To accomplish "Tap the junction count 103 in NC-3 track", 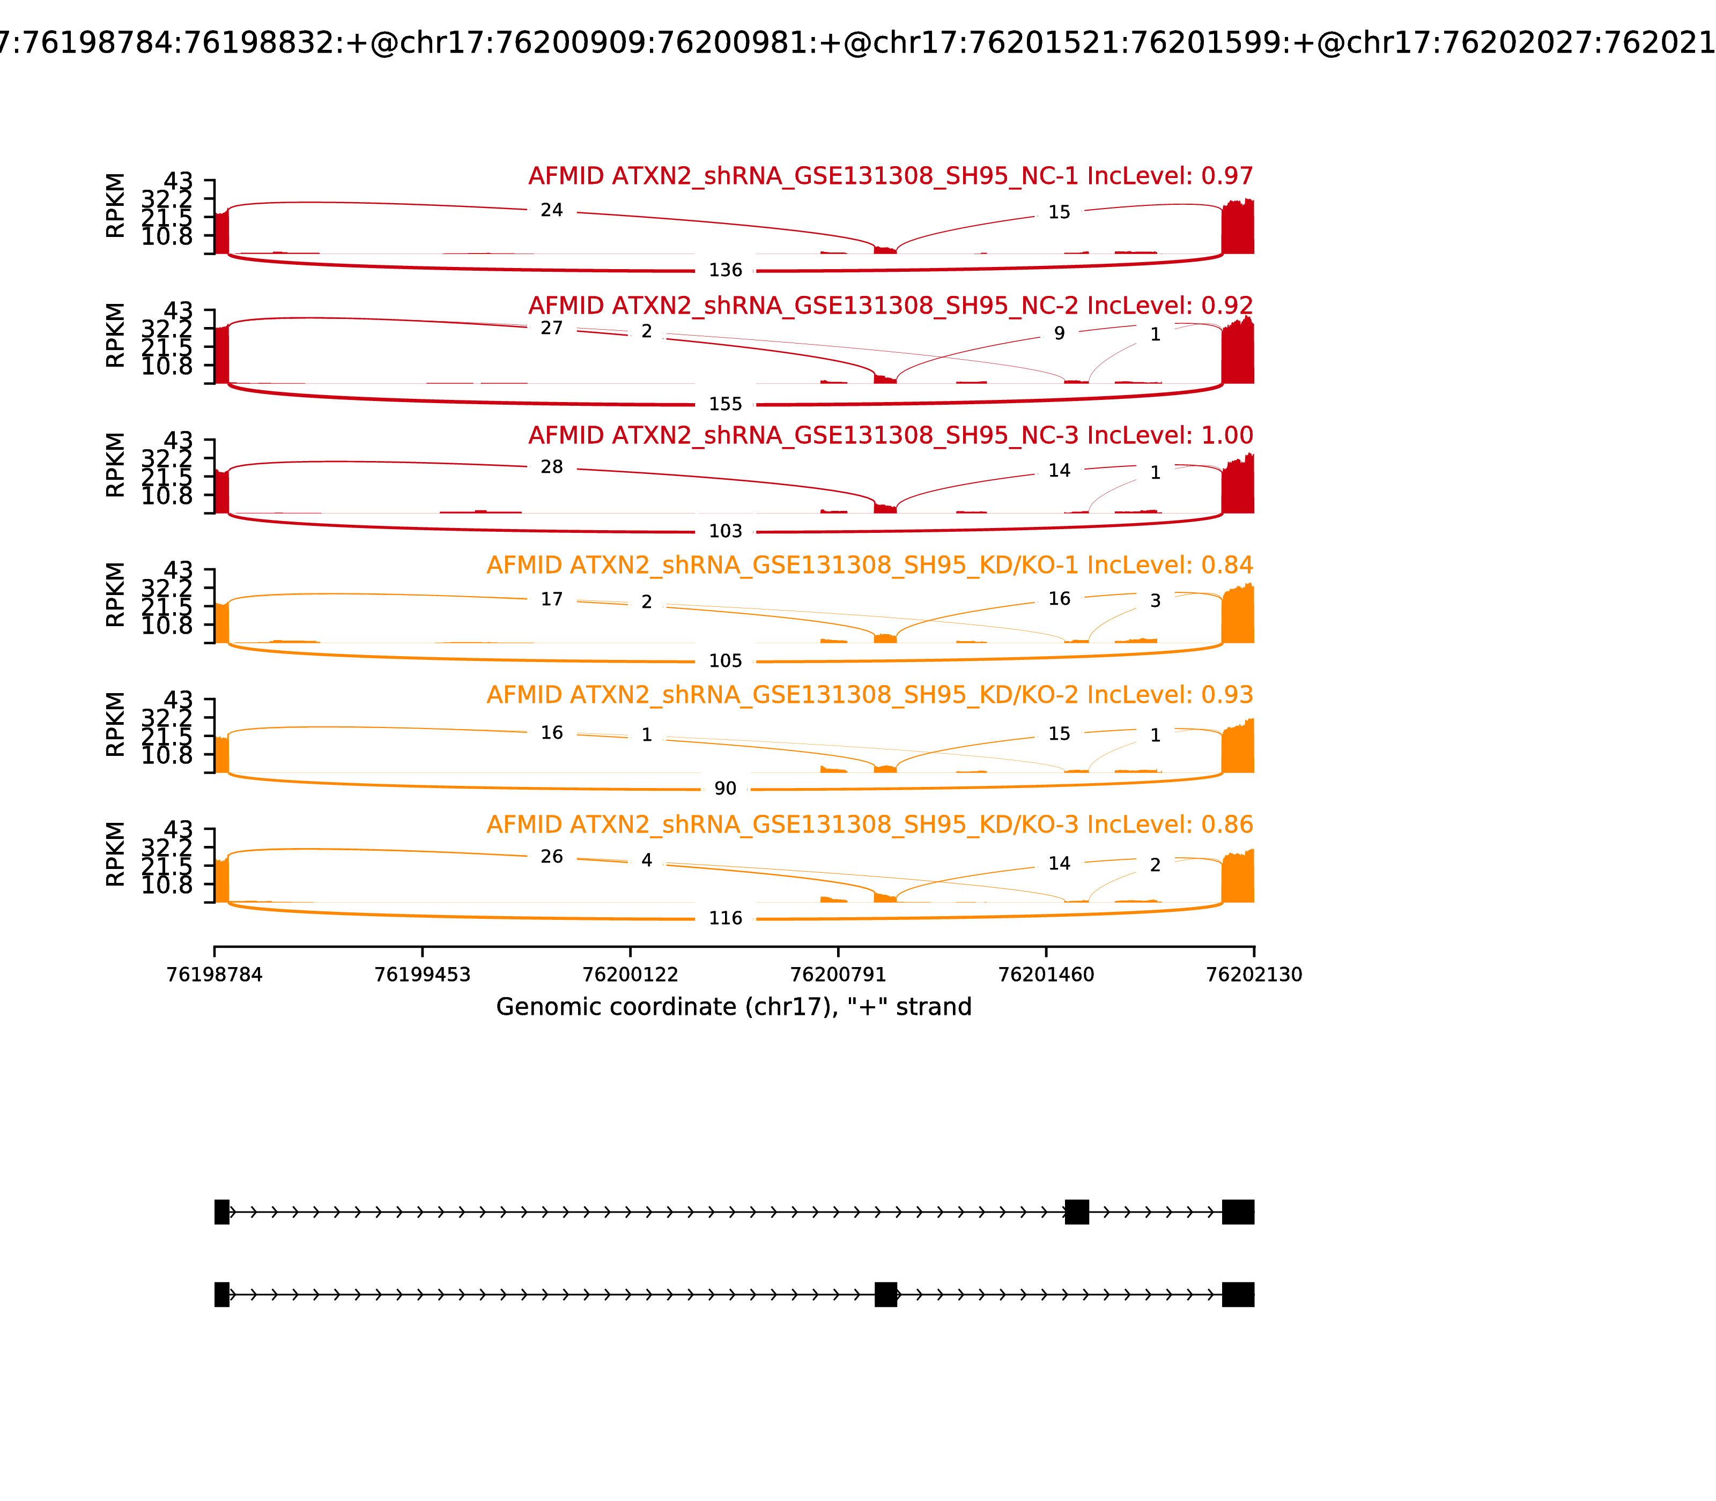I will coord(725,531).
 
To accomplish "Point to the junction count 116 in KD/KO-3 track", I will coord(725,918).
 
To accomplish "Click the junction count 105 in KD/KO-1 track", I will coord(725,661).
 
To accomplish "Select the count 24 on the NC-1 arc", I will coord(551,210).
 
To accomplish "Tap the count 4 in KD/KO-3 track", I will coord(646,860).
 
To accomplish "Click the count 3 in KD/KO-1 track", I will coord(1155,600).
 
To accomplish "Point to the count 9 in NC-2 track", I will coord(1059,333).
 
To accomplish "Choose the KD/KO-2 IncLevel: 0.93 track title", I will coord(870,695).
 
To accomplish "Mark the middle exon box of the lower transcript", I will coord(886,1294).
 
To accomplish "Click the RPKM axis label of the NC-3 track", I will coord(116,465).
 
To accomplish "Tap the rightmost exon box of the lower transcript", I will coord(1238,1294).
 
